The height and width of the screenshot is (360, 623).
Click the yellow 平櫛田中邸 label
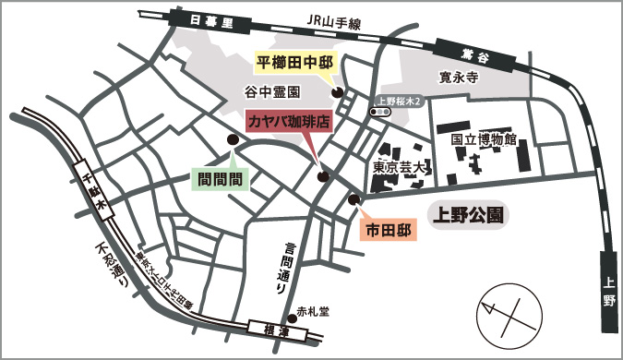294,63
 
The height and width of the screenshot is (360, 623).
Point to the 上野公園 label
468,216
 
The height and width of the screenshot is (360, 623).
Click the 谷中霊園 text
272,92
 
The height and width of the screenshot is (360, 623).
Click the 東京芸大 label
401,168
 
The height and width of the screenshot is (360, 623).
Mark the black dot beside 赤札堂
292,311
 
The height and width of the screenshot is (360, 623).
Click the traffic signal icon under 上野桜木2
379,111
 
